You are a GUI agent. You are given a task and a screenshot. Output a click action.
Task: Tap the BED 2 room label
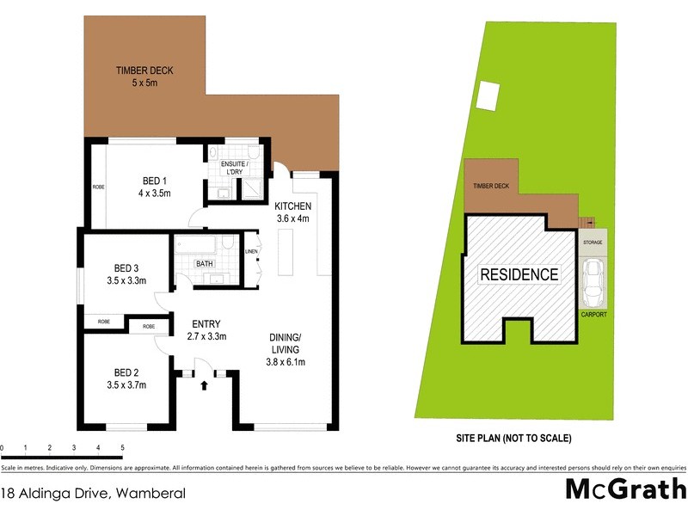(x=130, y=378)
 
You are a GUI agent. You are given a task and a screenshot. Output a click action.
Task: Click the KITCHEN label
(x=293, y=212)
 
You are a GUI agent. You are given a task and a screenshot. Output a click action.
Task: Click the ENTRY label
(x=206, y=329)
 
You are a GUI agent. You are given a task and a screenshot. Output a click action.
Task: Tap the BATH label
(x=205, y=264)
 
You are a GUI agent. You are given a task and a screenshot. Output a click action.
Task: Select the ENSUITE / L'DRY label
(x=233, y=168)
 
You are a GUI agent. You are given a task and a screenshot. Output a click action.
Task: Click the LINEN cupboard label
(x=251, y=252)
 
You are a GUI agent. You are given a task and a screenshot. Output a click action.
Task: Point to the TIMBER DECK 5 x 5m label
(x=142, y=77)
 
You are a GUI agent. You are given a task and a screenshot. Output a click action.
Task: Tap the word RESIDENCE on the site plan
(x=519, y=275)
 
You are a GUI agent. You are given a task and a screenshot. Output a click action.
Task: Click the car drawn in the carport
(x=593, y=283)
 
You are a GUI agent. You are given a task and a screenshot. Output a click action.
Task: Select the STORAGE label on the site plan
(x=593, y=243)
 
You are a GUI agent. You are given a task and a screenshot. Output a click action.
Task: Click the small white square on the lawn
(x=488, y=94)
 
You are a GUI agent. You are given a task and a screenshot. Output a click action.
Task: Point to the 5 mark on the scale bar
(x=122, y=448)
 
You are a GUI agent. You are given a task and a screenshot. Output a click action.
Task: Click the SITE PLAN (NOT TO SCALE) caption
(x=513, y=438)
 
